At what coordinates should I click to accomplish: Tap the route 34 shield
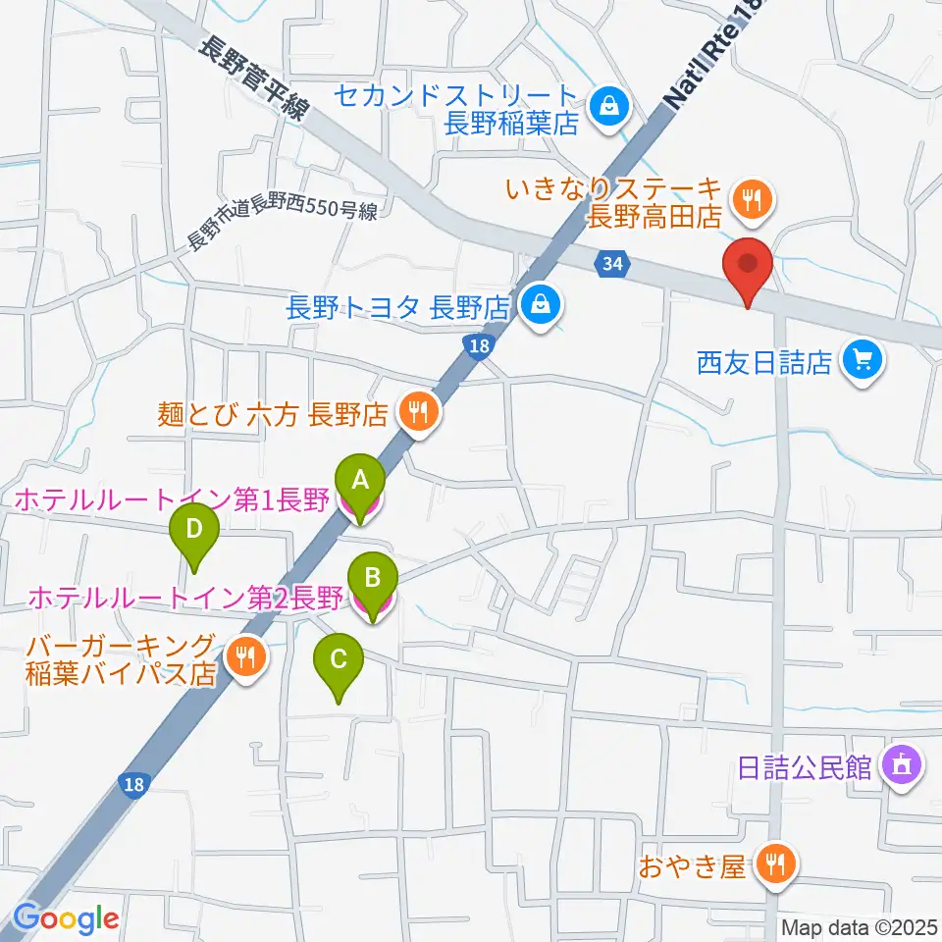pyautogui.click(x=612, y=263)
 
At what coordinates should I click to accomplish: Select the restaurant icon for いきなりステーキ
pyautogui.click(x=753, y=200)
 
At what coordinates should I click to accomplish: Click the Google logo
pyautogui.click(x=67, y=917)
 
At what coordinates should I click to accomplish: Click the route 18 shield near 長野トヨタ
pyautogui.click(x=477, y=346)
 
